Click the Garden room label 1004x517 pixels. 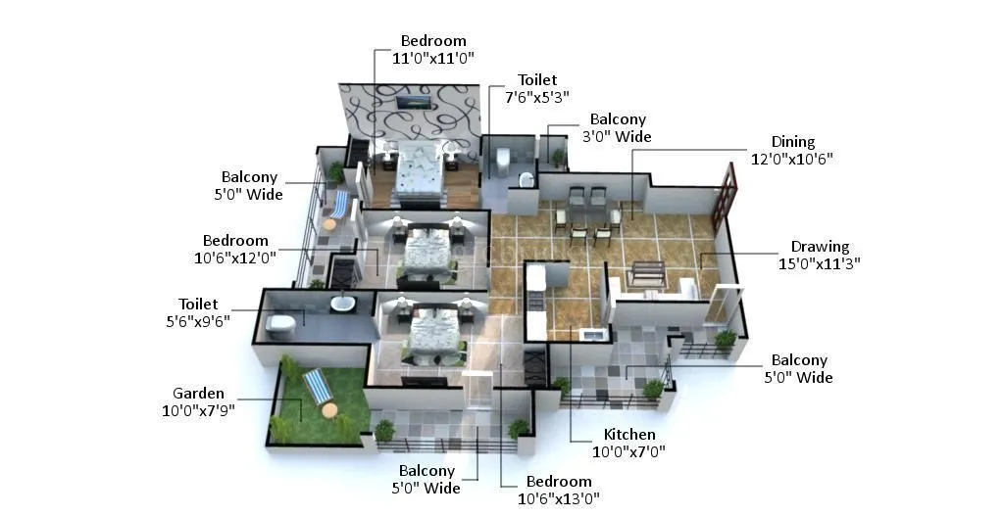pos(198,394)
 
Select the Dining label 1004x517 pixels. pos(792,142)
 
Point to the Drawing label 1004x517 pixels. pos(820,247)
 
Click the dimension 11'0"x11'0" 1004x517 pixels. pos(433,58)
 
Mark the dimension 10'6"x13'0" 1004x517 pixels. pos(559,497)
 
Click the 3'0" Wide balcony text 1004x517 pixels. pos(618,137)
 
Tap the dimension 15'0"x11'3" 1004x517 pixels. pos(820,263)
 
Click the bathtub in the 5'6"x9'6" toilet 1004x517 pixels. pos(342,304)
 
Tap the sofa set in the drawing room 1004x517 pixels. pos(647,274)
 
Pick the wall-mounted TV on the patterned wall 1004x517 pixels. pos(411,102)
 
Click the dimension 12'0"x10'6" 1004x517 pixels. pos(792,159)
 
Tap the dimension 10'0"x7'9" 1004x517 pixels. pos(198,411)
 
